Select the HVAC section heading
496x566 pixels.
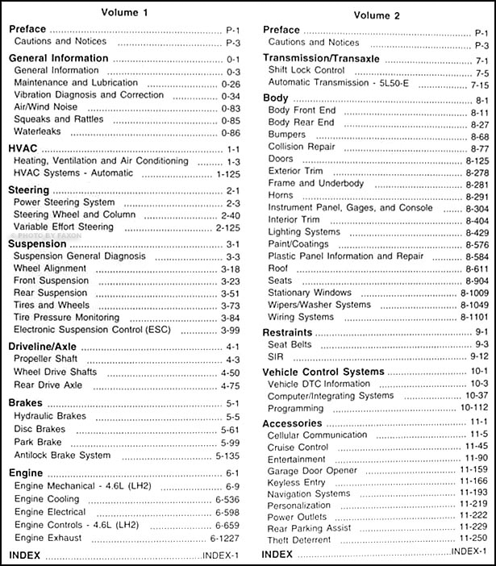click(24, 150)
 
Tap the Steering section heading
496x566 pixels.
click(30, 189)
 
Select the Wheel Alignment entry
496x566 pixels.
click(50, 268)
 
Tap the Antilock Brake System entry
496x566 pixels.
click(62, 455)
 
